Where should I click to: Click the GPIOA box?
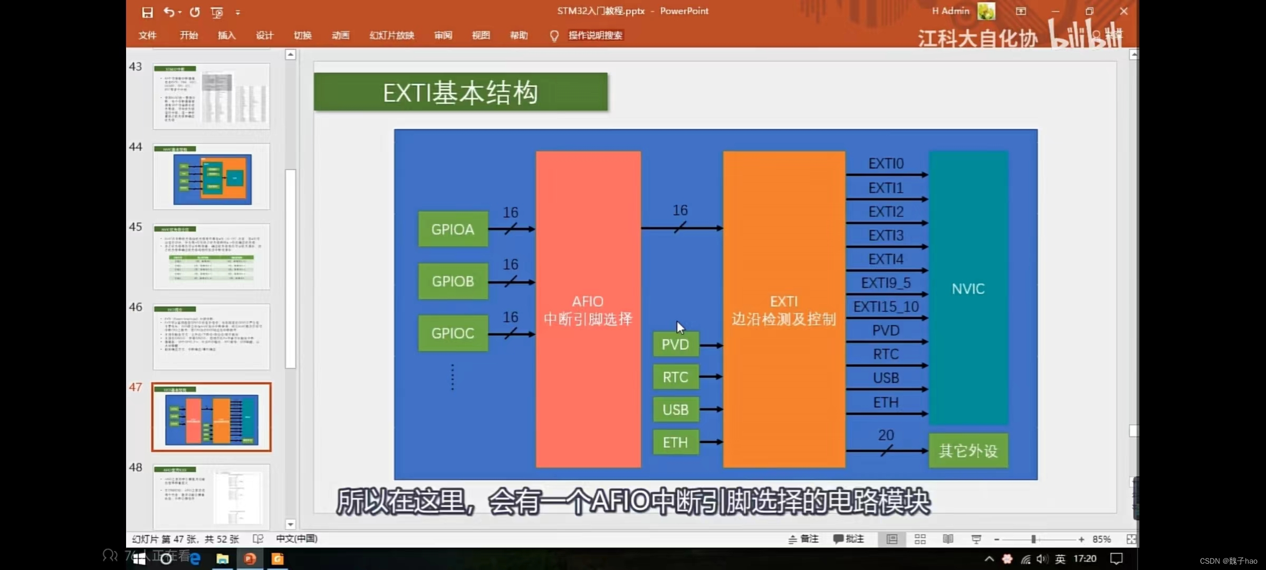pos(453,229)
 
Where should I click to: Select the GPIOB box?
pos(453,281)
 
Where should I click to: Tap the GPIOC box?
pos(453,333)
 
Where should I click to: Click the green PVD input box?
pos(675,345)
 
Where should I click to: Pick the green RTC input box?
pos(675,377)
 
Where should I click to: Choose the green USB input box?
pos(675,410)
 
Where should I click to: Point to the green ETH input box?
pos(675,442)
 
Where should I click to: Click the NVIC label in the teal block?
pos(968,289)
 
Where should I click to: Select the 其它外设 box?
pos(968,451)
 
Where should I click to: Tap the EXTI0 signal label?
pos(886,164)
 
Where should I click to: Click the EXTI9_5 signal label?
pos(886,283)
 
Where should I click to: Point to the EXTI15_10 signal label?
pos(886,307)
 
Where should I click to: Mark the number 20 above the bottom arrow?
pos(886,435)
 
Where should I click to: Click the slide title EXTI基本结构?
pos(460,92)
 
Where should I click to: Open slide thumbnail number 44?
pos(212,176)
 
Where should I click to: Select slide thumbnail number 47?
pos(212,417)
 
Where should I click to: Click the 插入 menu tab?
pos(226,35)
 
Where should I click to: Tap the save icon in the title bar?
pos(148,12)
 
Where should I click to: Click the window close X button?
pos(1124,11)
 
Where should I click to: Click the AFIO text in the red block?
pos(588,301)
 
